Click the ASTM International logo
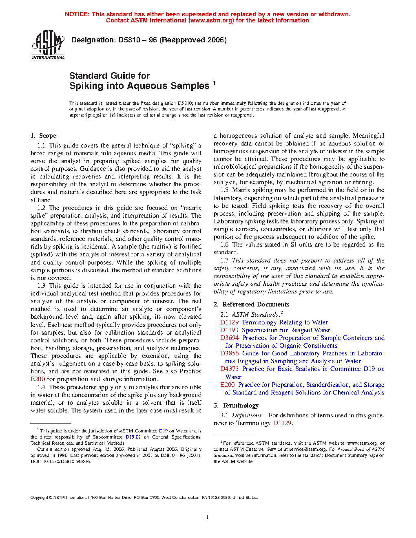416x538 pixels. point(48,45)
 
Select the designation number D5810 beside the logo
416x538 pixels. point(129,40)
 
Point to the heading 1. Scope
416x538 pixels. point(43,136)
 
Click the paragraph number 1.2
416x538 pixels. point(41,208)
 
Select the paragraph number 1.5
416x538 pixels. point(224,190)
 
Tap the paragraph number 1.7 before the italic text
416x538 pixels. point(224,260)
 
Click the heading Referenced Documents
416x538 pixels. point(256,304)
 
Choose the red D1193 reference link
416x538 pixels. point(229,330)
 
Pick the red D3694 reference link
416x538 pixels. point(229,338)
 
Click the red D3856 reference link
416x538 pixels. point(229,353)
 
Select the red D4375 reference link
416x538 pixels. point(229,369)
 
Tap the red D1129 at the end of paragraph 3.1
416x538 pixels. point(282,423)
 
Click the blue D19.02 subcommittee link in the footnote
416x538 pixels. point(133,437)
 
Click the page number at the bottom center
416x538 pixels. point(208,517)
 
